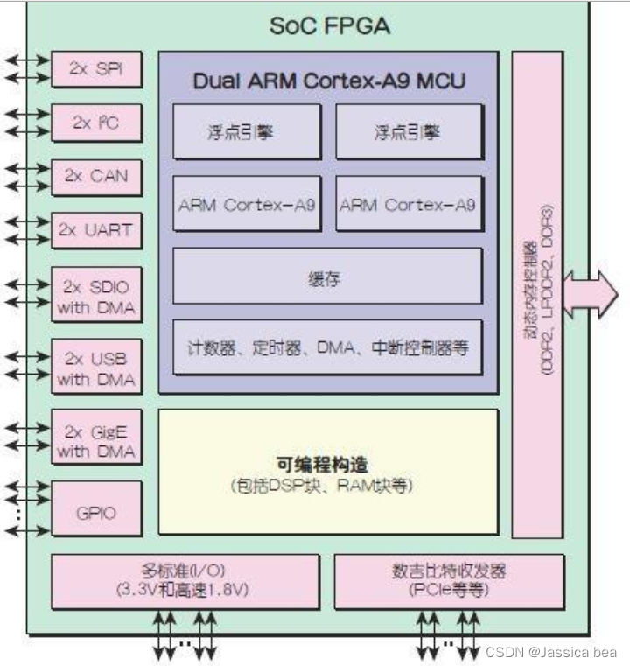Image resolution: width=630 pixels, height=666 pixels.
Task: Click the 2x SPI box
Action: click(x=96, y=70)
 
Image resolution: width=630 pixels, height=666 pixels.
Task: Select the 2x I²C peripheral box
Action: click(x=96, y=123)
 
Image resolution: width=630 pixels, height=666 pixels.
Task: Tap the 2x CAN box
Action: click(x=96, y=176)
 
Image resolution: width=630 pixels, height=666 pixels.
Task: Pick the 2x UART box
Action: click(x=96, y=230)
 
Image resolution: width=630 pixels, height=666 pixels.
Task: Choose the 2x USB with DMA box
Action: click(x=96, y=368)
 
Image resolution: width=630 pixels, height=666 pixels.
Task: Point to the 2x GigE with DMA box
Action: click(x=96, y=439)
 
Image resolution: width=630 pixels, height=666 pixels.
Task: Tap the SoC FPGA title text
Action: click(x=328, y=25)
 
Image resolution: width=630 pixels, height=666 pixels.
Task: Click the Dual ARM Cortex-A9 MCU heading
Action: click(x=328, y=81)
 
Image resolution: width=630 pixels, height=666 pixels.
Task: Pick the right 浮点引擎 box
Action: click(x=409, y=132)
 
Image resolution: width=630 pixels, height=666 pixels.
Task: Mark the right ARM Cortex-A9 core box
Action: click(x=409, y=204)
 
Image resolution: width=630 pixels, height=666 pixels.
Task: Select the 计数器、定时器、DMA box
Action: click(x=327, y=347)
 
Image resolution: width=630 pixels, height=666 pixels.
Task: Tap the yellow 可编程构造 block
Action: click(x=327, y=471)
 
